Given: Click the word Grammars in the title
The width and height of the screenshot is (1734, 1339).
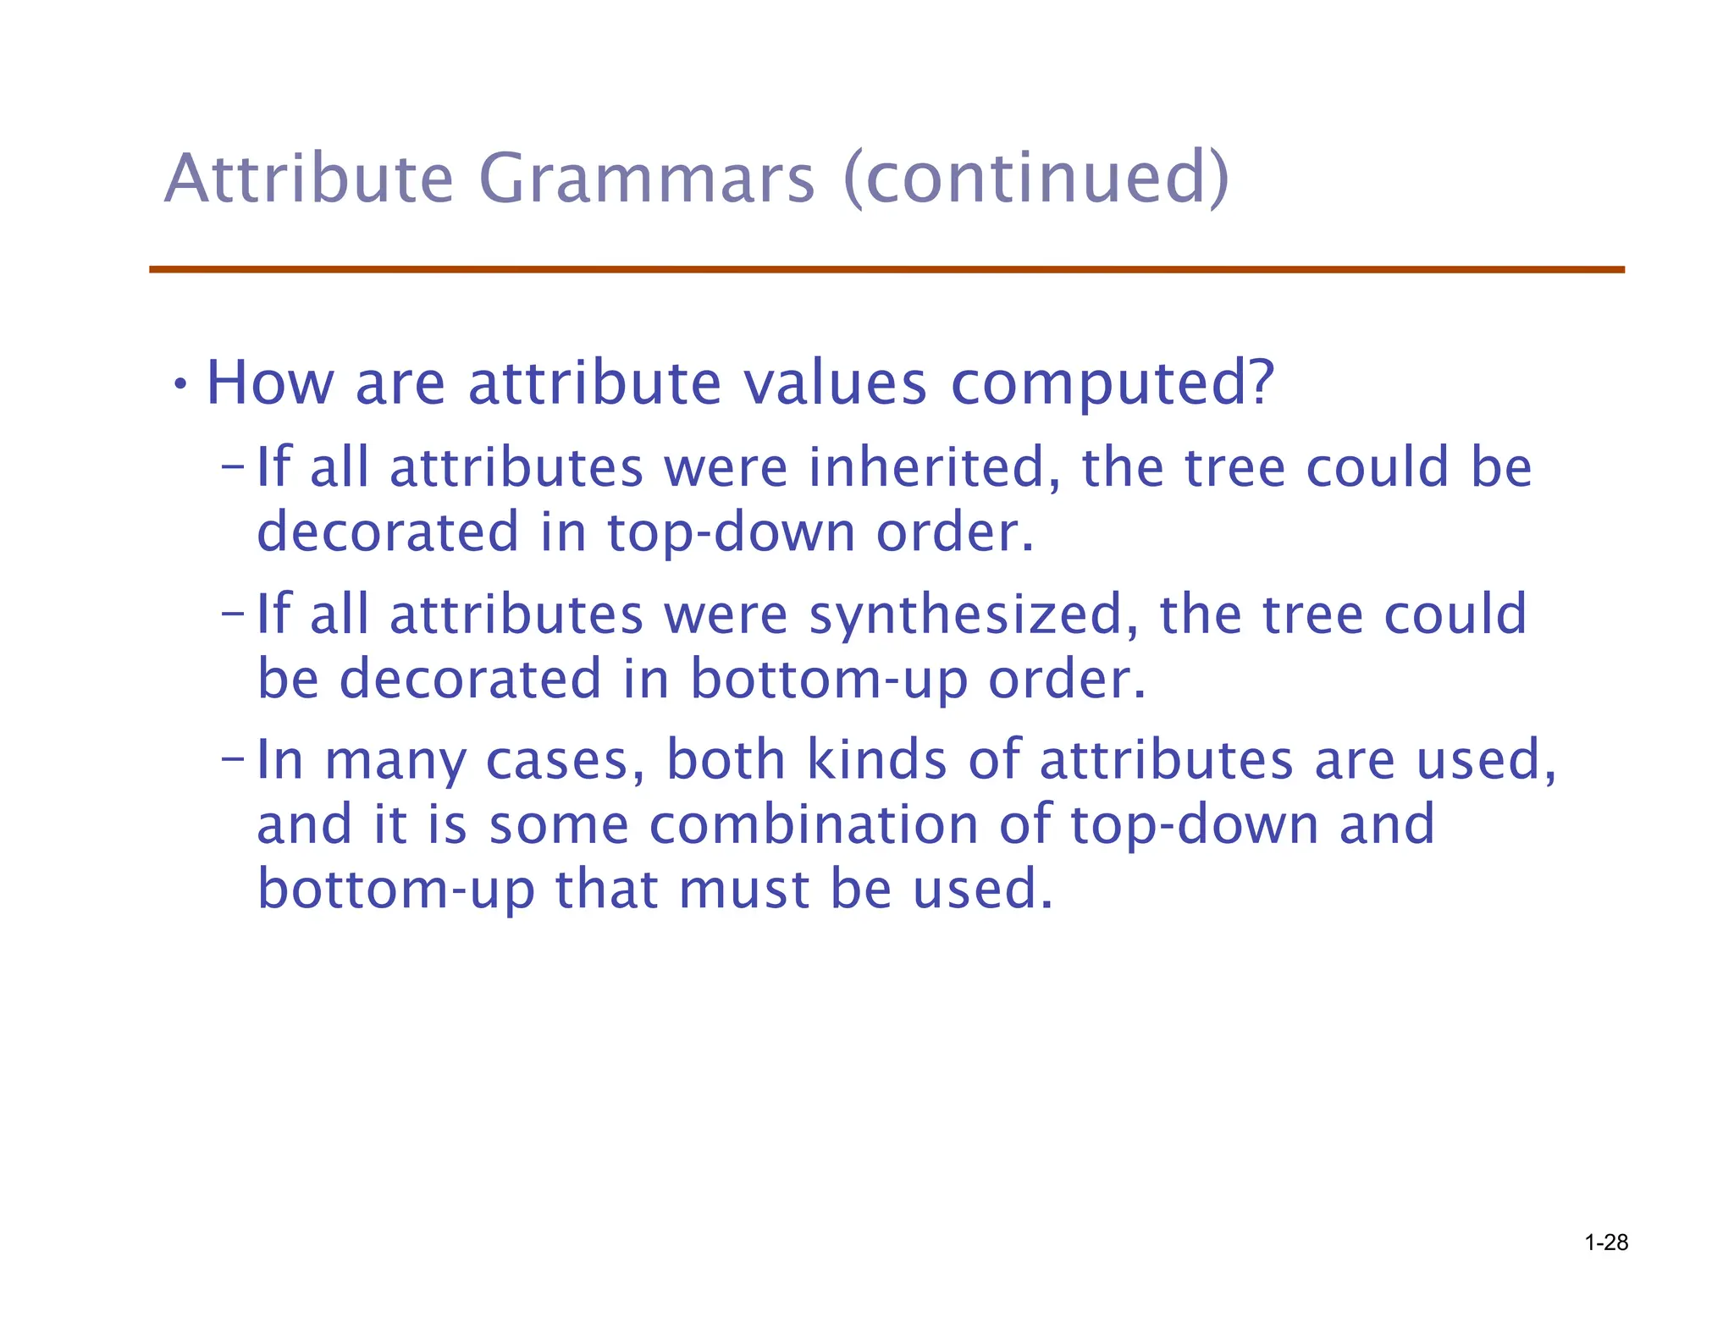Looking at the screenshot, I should (x=646, y=179).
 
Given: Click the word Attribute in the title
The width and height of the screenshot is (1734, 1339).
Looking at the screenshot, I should (x=309, y=179).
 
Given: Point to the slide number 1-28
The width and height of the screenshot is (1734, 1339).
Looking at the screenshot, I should (x=1606, y=1243).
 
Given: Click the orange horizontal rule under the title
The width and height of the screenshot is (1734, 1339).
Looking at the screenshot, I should (x=886, y=269).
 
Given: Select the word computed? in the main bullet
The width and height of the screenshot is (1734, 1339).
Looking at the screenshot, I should (x=1112, y=385).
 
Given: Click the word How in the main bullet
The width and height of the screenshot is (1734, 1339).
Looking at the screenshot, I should (x=270, y=383).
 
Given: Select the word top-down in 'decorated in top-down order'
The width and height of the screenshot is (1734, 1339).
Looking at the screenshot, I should (x=731, y=534).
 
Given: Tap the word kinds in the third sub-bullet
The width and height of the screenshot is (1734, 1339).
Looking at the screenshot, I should (x=876, y=759).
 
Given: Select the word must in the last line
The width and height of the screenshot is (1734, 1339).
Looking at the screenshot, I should (x=743, y=890).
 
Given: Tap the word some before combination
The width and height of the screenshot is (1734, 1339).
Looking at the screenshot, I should (x=559, y=825).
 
